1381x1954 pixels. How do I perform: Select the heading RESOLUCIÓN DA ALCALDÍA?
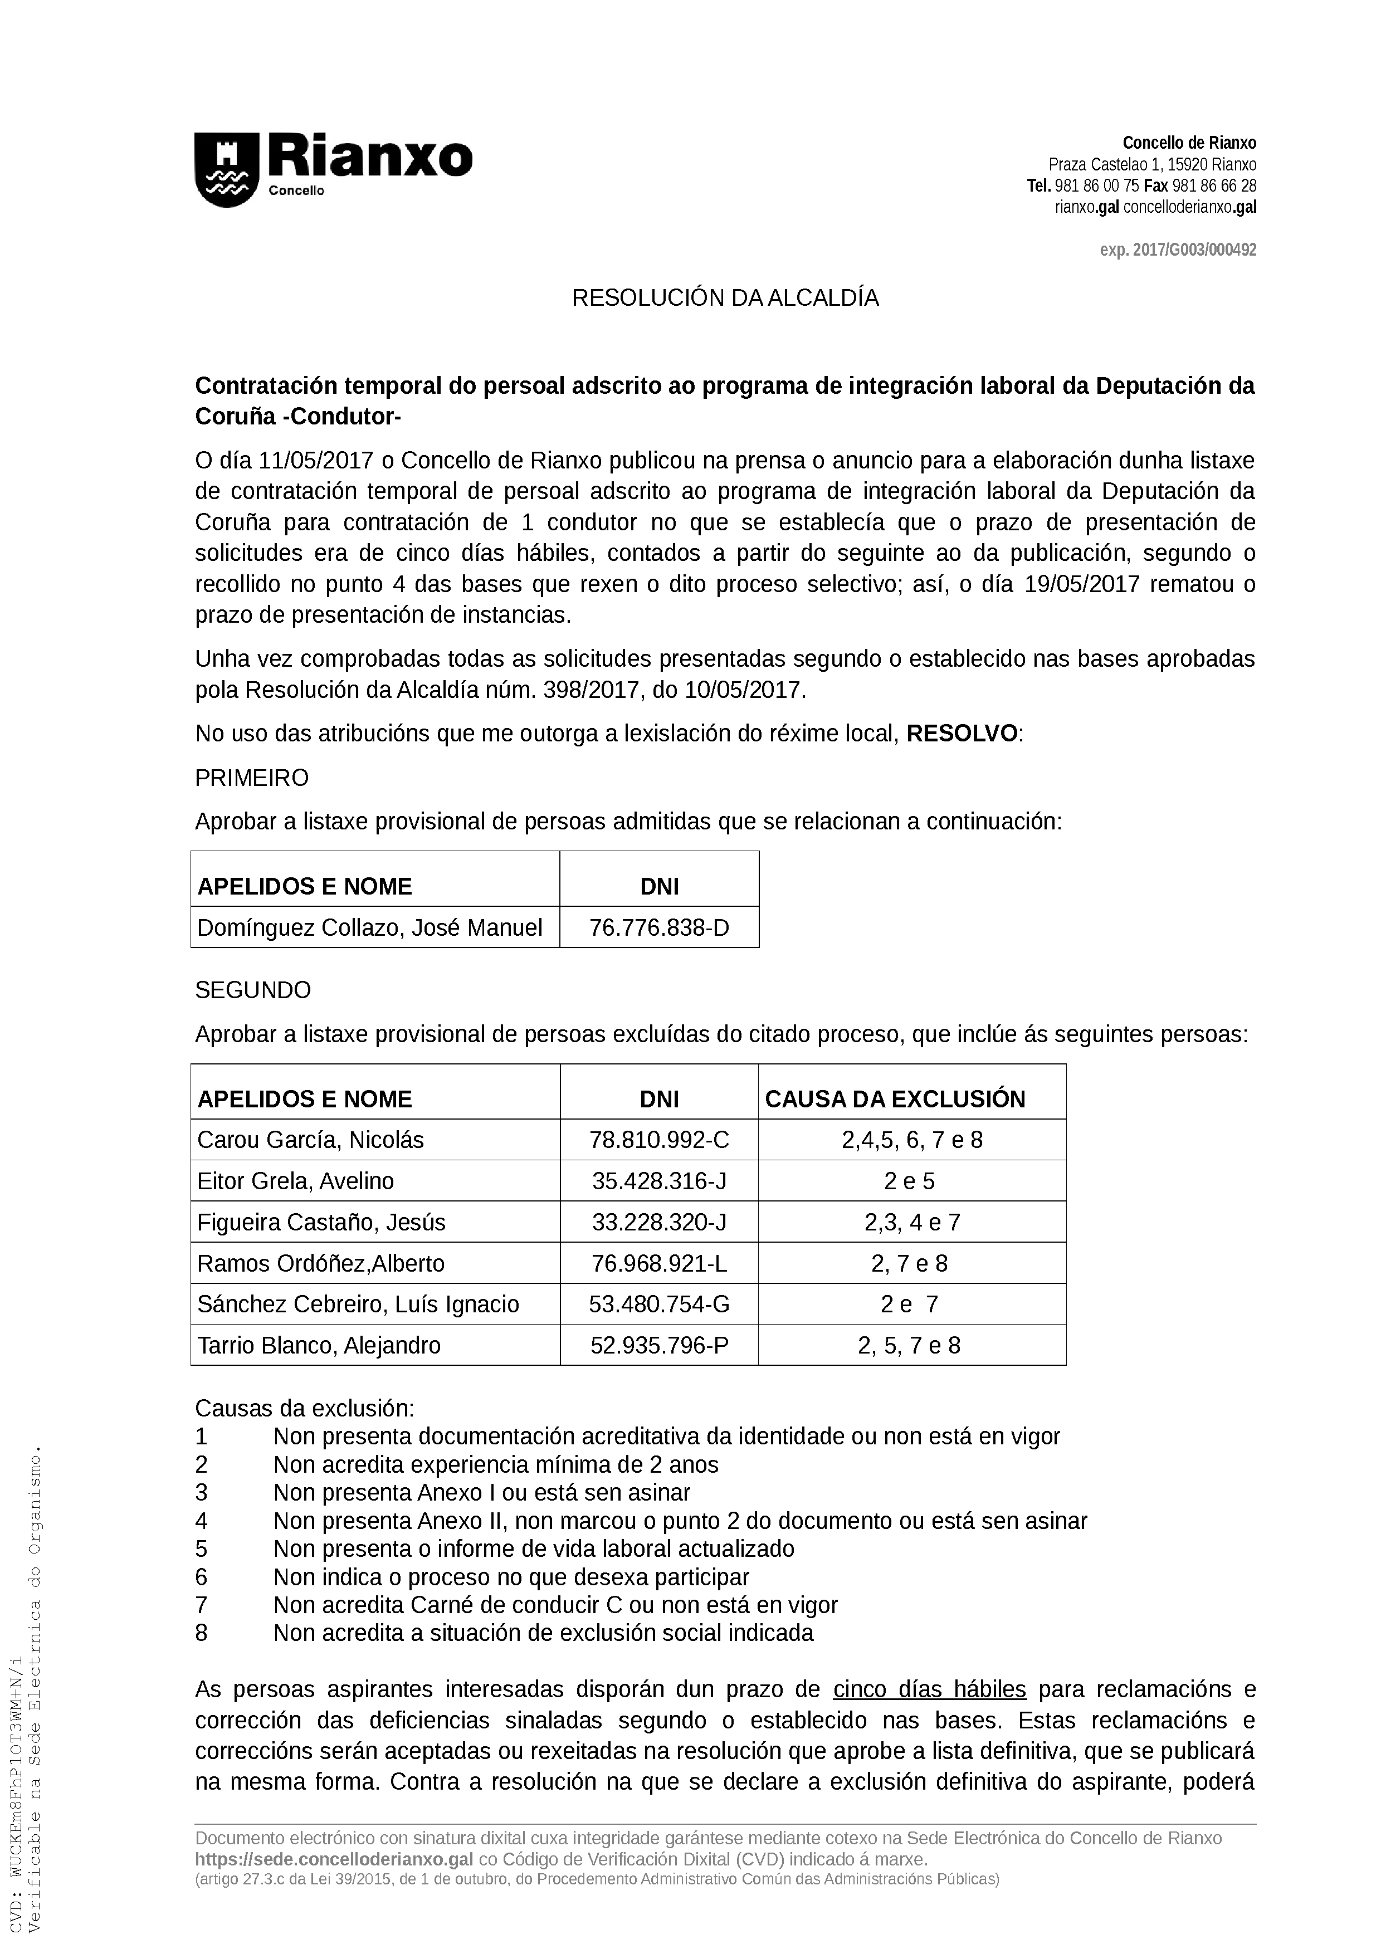pyautogui.click(x=725, y=299)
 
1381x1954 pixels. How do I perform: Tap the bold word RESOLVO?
pyautogui.click(x=962, y=734)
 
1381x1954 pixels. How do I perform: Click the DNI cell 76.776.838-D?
pyautogui.click(x=660, y=927)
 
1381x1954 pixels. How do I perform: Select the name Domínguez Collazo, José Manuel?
pyautogui.click(x=369, y=927)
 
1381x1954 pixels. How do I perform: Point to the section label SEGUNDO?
pyautogui.click(x=253, y=990)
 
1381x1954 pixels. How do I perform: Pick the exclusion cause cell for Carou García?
pyautogui.click(x=912, y=1140)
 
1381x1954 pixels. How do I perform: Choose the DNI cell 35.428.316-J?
pyautogui.click(x=660, y=1181)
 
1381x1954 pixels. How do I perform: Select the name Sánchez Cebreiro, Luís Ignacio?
pyautogui.click(x=358, y=1304)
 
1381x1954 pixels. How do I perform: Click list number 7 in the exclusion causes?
pyautogui.click(x=202, y=1605)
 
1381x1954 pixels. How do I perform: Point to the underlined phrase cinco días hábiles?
pyautogui.click(x=929, y=1689)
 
